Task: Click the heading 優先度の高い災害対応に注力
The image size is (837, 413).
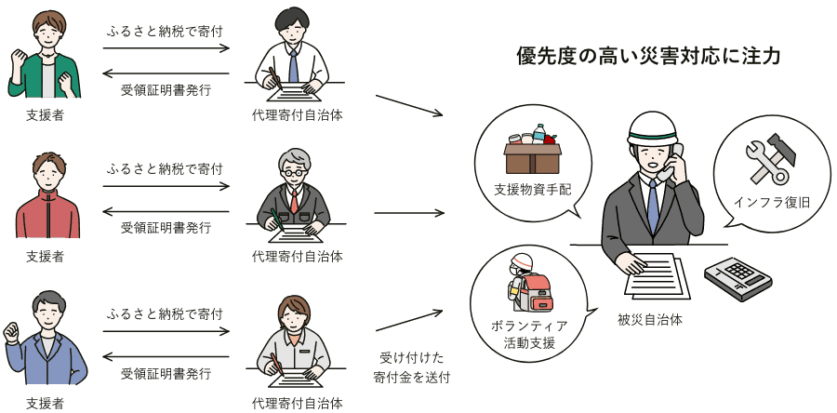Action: coord(648,56)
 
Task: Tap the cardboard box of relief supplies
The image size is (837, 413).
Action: coord(533,158)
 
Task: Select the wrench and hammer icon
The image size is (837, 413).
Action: coord(771,159)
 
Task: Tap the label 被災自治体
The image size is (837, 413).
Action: coord(650,321)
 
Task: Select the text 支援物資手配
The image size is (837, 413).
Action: coord(533,190)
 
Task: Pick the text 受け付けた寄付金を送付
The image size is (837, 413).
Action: coord(412,367)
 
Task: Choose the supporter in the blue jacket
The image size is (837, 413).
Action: coord(46,338)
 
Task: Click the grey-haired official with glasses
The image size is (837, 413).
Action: coord(294,193)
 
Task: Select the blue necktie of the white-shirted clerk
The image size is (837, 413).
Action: coord(293,65)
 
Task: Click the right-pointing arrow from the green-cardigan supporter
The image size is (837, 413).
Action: coord(166,48)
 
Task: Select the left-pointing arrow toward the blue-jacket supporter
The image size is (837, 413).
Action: coord(166,356)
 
